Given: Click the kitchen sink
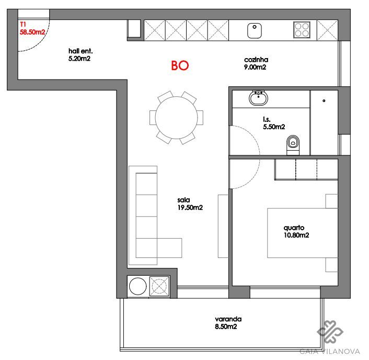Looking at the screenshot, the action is [x=255, y=30].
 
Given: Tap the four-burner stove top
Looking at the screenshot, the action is [x=302, y=30].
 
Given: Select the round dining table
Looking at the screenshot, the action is [x=176, y=118].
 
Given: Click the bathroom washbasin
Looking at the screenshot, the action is [x=258, y=98].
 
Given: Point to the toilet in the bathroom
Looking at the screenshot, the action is [x=293, y=145].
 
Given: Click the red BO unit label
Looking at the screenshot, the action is [x=180, y=65].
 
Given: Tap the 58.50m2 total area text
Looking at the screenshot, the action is [x=32, y=32].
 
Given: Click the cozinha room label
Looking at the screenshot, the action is [x=256, y=60].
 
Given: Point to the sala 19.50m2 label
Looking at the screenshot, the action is [x=190, y=204].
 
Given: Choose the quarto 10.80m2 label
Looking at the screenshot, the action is [x=296, y=231].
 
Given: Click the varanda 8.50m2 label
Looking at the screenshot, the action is [x=228, y=323].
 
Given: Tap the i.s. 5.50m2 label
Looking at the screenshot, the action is [x=274, y=123].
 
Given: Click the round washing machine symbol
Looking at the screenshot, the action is [x=137, y=286].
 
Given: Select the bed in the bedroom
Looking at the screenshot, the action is [x=303, y=233].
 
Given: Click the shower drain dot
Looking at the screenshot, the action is [x=324, y=101].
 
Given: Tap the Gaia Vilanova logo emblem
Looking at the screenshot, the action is [x=330, y=332].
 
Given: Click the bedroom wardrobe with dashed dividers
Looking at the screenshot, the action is [x=306, y=170].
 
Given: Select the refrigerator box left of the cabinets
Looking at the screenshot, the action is [x=134, y=28].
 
